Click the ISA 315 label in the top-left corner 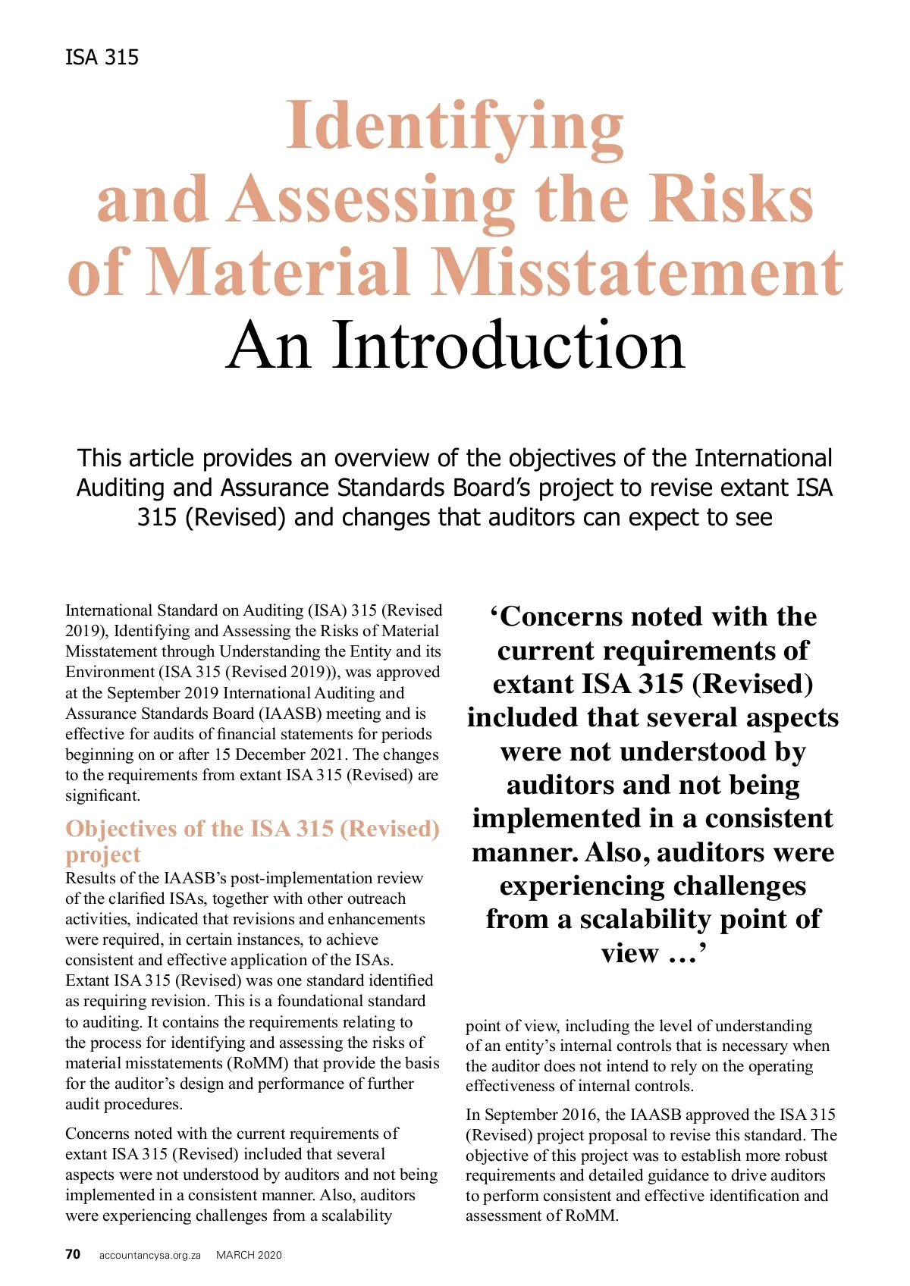coord(102,58)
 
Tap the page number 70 coord(73,1254)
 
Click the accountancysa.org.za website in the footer coord(149,1255)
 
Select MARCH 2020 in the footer coord(249,1255)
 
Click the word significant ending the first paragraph coord(102,795)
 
